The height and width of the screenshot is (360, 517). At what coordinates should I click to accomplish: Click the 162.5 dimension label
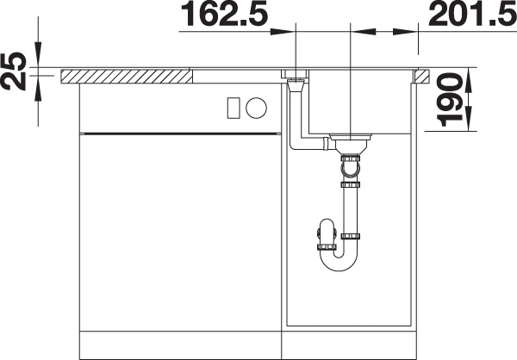(225, 14)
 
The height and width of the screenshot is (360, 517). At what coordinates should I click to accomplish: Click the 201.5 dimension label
(472, 14)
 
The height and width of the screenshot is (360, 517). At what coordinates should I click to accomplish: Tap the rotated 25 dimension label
(14, 71)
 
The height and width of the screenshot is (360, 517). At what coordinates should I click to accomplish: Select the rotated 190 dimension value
(449, 100)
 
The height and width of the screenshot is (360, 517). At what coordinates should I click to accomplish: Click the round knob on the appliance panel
(256, 108)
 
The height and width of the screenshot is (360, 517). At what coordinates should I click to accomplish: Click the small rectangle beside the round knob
(234, 108)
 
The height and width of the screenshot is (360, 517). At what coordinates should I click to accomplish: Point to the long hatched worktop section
(127, 76)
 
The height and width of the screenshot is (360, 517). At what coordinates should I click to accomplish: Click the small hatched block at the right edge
(422, 76)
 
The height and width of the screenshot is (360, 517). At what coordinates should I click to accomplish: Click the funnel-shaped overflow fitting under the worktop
(296, 85)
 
